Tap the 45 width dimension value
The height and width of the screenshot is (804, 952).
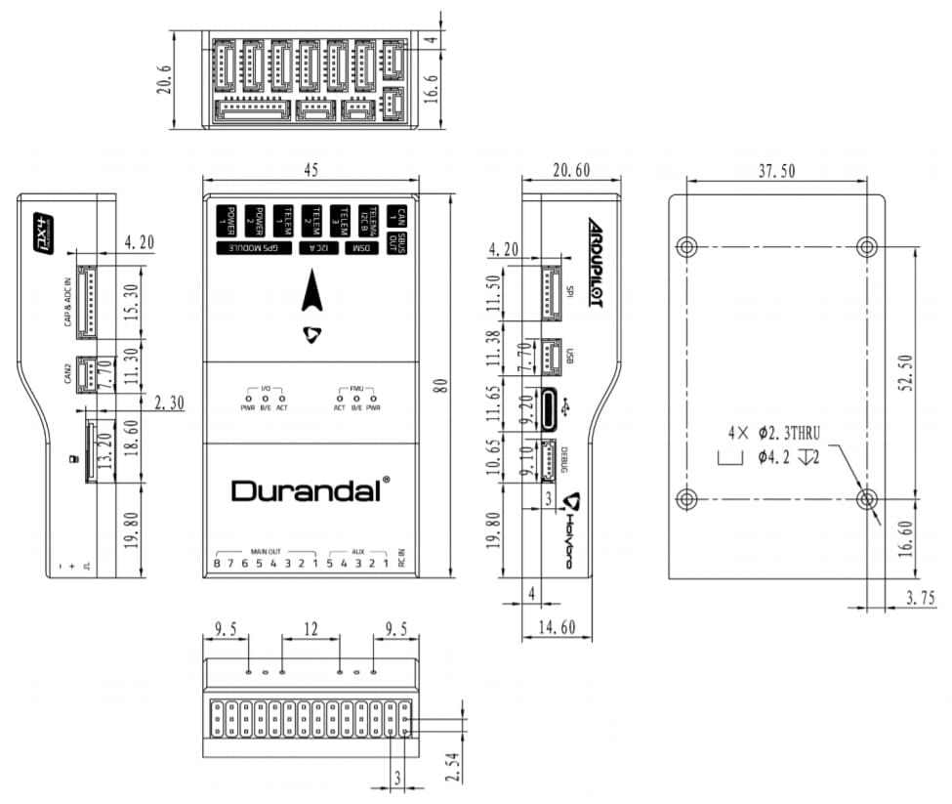coord(310,169)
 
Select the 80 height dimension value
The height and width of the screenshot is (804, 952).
coord(439,385)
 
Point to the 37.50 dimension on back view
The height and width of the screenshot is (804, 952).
coord(776,171)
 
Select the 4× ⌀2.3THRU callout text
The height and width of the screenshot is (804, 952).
coord(779,432)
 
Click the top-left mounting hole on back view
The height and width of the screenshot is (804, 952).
coord(687,245)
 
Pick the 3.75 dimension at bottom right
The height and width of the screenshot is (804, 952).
coord(920,596)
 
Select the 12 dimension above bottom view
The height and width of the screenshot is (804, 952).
coord(310,631)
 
